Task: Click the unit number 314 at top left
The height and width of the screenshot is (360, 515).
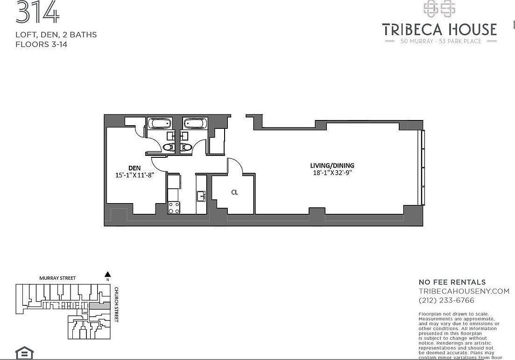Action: pyautogui.click(x=37, y=13)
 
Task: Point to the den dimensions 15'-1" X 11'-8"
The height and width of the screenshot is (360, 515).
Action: pyautogui.click(x=135, y=176)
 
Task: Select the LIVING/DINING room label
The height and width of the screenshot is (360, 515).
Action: pyautogui.click(x=332, y=165)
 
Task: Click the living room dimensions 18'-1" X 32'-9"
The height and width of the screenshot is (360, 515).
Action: pyautogui.click(x=332, y=172)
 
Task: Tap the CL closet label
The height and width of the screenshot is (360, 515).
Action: pyautogui.click(x=234, y=192)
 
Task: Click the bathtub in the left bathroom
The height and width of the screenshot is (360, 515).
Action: pyautogui.click(x=159, y=124)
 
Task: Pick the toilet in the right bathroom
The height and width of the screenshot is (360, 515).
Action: pyautogui.click(x=187, y=147)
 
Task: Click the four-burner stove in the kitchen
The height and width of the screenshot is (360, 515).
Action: pyautogui.click(x=174, y=207)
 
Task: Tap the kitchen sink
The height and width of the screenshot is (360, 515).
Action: pyautogui.click(x=201, y=196)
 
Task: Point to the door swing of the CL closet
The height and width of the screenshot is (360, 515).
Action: pyautogui.click(x=235, y=166)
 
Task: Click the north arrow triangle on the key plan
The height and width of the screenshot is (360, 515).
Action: pyautogui.click(x=107, y=275)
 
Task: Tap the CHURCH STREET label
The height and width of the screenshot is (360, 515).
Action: pyautogui.click(x=117, y=304)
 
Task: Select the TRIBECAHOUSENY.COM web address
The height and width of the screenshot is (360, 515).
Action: pyautogui.click(x=464, y=291)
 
